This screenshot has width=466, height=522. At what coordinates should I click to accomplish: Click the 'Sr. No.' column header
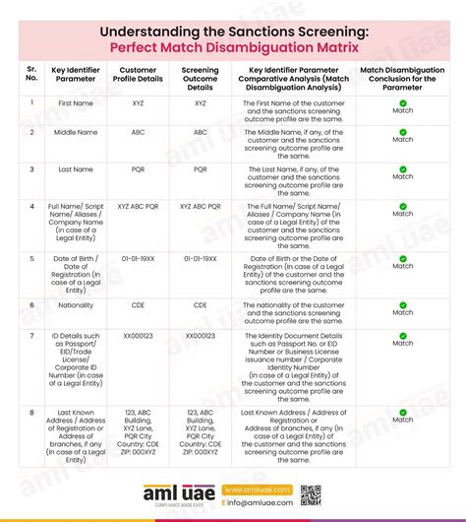[32, 76]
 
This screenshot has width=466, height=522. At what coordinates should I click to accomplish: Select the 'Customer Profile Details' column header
[138, 76]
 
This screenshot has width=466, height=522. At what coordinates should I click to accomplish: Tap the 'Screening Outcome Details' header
[201, 76]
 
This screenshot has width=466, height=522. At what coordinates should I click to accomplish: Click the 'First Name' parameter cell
[76, 102]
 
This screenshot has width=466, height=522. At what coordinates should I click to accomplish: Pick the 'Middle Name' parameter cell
[76, 131]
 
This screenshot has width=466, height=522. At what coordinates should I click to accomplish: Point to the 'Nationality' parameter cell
[76, 304]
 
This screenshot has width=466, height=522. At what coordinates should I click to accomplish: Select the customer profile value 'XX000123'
[138, 336]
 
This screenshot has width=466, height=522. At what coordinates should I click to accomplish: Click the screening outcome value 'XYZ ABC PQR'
[201, 208]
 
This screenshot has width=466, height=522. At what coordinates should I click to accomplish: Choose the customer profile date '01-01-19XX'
[138, 257]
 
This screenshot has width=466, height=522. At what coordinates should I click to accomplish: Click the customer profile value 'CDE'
[138, 304]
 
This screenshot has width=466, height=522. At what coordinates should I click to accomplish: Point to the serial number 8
[32, 411]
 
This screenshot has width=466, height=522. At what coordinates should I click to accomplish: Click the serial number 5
[32, 257]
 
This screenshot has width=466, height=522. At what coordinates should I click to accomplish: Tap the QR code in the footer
[311, 495]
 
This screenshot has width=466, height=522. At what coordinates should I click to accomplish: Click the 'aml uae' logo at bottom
[178, 495]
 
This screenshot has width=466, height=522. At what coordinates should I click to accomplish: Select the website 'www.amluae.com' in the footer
[257, 489]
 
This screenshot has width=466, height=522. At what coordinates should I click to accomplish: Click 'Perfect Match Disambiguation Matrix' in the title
[233, 45]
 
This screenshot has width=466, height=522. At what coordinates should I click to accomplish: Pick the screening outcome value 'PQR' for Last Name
[201, 168]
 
